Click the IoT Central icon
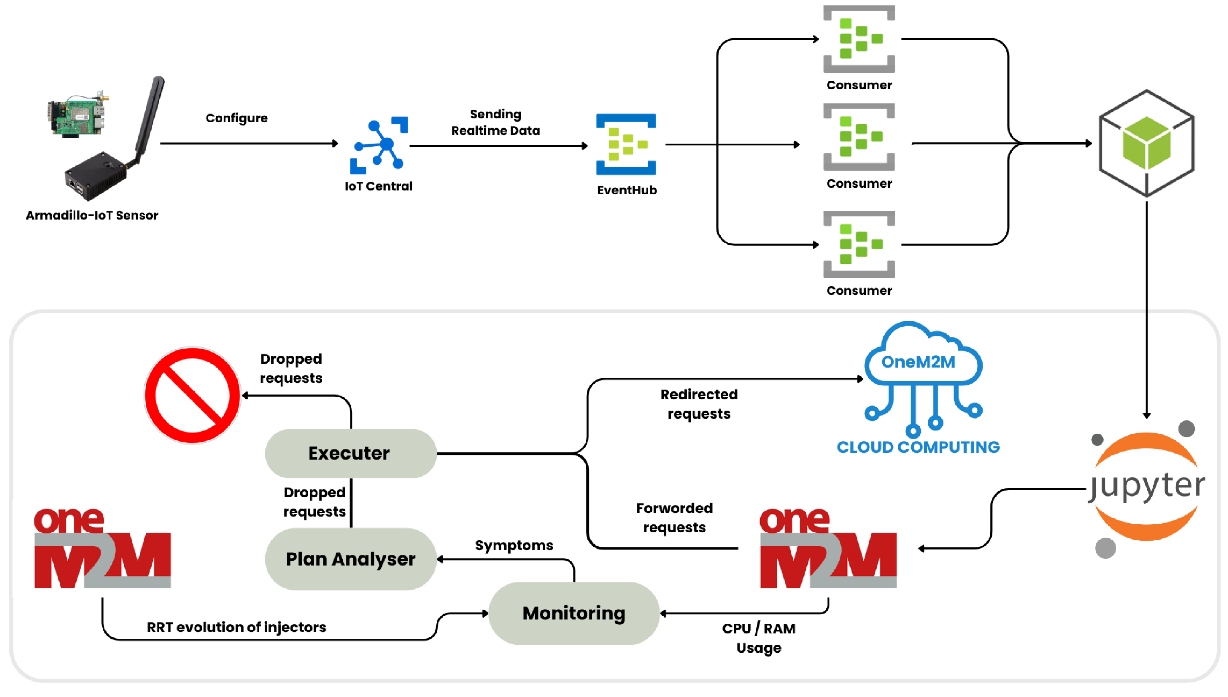(379, 145)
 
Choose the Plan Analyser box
(350, 559)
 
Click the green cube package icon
(1146, 143)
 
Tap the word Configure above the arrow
(237, 118)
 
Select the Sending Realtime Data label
(495, 122)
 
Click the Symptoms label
(514, 545)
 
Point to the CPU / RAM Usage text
(758, 637)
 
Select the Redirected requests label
(698, 404)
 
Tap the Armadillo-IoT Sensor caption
(92, 216)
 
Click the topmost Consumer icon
(859, 39)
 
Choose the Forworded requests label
(674, 518)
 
